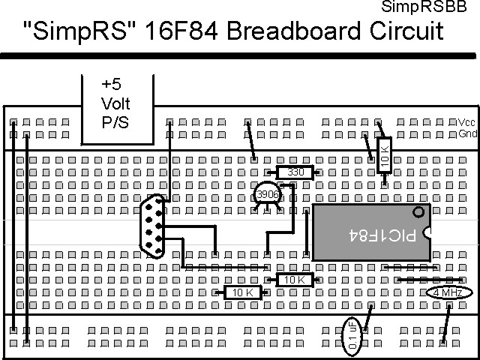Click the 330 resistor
pos(295,172)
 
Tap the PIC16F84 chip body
pos(371,232)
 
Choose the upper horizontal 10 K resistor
pos(295,280)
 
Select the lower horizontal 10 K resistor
pos(242,292)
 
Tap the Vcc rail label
pos(466,123)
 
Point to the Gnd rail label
pos(466,135)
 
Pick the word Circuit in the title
pos(407,32)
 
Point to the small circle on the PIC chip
pos(418,213)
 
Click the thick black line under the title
pos(240,55)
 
